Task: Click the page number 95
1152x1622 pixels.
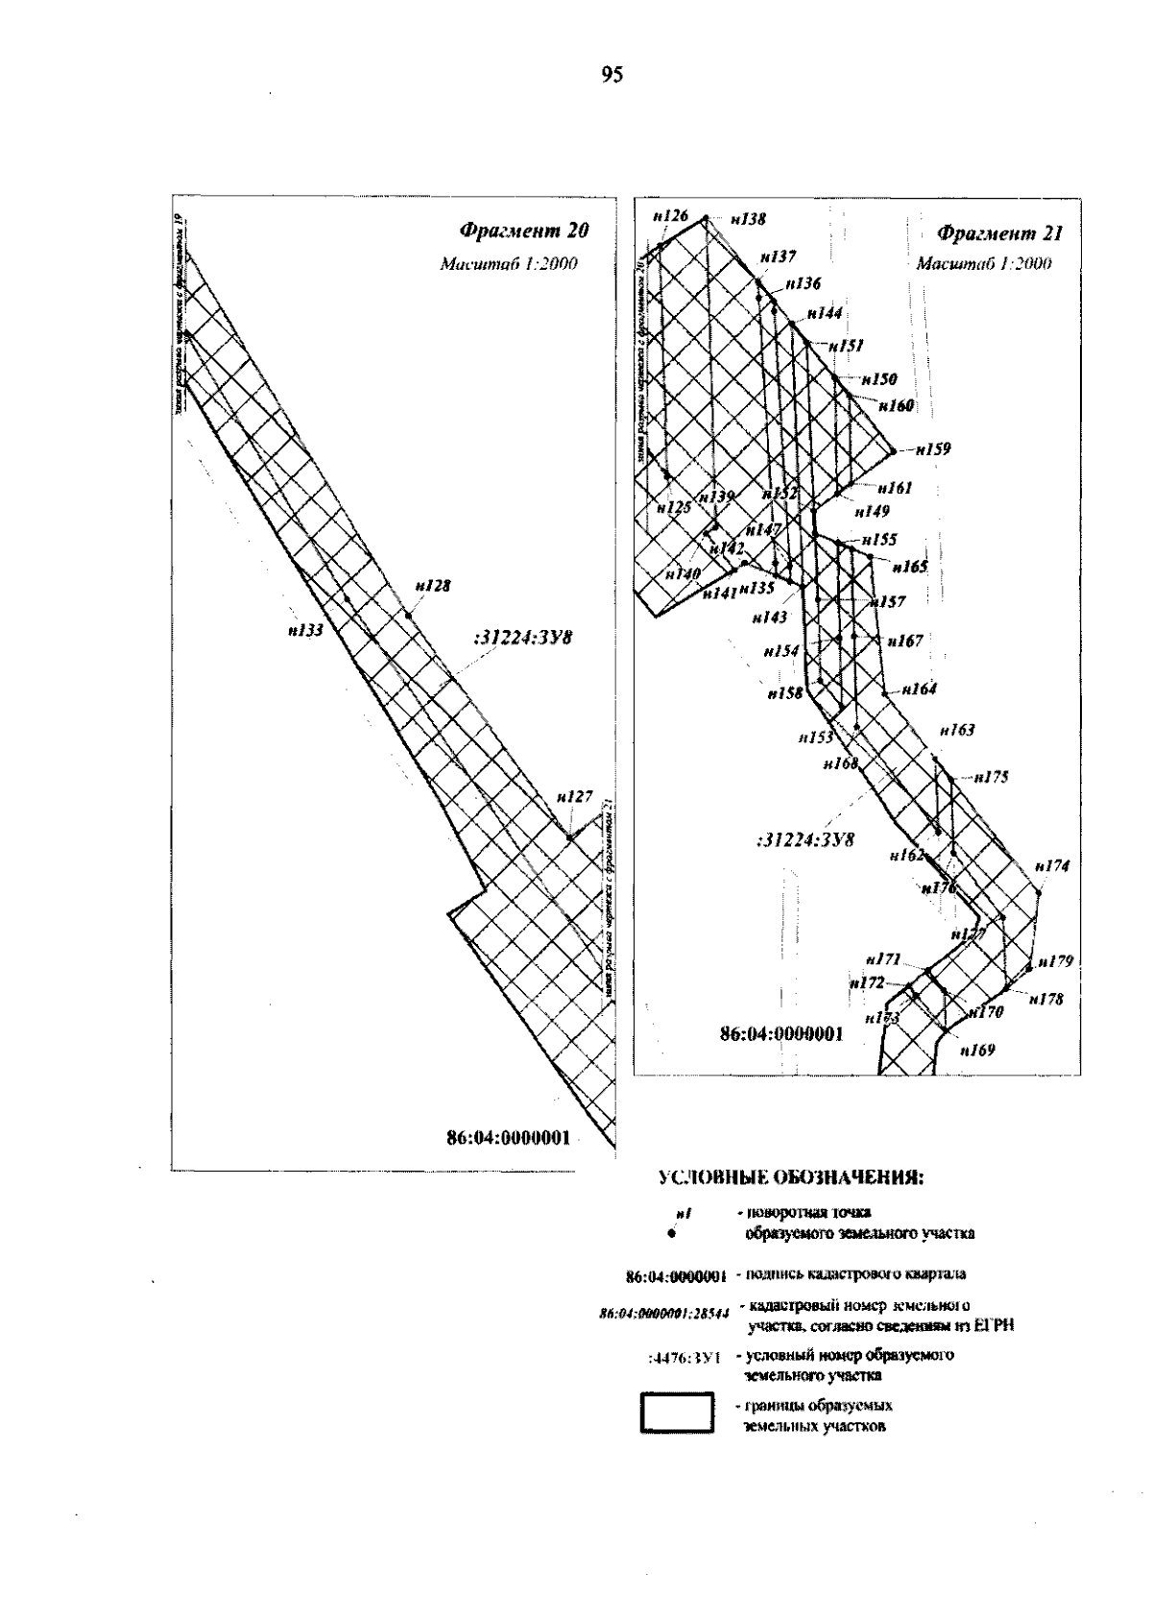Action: (x=612, y=75)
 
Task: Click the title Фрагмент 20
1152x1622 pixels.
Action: (x=522, y=230)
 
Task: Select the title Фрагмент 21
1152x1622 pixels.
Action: (x=999, y=232)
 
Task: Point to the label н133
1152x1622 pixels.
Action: (x=304, y=631)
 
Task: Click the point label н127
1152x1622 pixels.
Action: (x=574, y=796)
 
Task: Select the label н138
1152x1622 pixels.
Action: (x=748, y=219)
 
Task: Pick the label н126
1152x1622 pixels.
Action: (x=670, y=216)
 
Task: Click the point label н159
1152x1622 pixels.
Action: (x=932, y=448)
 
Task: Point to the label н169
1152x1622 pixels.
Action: (x=977, y=1050)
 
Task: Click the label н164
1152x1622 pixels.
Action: (x=919, y=689)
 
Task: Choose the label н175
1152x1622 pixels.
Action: (x=991, y=777)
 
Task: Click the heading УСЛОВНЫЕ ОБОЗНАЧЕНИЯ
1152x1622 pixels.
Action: (x=790, y=1179)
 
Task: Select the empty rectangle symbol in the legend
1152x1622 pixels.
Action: (x=677, y=1414)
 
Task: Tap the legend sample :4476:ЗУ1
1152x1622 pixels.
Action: (x=685, y=1356)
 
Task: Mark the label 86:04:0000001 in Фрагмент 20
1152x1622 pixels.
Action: (x=508, y=1138)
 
